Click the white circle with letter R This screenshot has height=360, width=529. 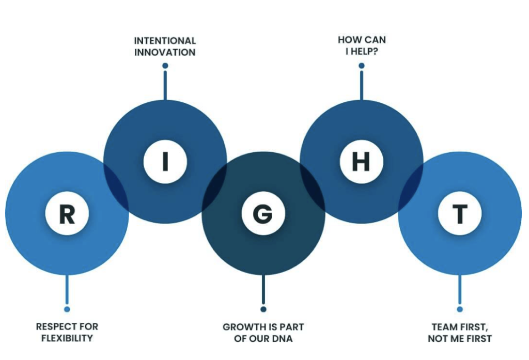[67, 213]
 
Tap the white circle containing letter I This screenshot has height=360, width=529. [165, 162]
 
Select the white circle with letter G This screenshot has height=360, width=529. [263, 213]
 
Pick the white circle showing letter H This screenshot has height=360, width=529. [361, 162]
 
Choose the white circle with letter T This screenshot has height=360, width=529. [459, 213]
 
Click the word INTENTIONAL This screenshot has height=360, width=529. [165, 41]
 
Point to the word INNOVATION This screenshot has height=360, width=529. [165, 53]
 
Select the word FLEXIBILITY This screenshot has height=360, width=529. [67, 339]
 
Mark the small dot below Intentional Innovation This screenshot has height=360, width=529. [165, 66]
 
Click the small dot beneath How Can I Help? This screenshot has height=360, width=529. [361, 66]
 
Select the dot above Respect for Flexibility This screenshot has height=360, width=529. [67, 309]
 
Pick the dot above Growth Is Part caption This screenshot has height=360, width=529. [263, 309]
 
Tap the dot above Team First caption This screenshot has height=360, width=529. [459, 309]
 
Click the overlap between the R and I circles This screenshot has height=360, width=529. [116, 187]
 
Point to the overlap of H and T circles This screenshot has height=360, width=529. [411, 187]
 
